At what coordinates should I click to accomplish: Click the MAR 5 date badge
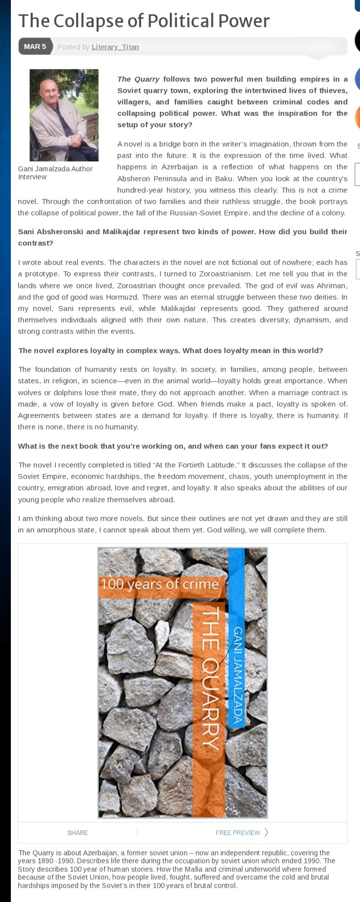(35, 47)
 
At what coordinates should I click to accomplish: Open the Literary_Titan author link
(115, 47)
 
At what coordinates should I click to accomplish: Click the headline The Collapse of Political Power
(144, 21)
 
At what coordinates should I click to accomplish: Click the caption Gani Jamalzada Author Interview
(55, 173)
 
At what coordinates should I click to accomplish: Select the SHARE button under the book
(77, 833)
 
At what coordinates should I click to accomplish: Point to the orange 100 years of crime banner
(159, 584)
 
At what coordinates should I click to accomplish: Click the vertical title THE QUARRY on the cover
(210, 679)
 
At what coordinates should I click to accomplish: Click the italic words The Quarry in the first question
(138, 79)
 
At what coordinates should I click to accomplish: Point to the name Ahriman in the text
(330, 286)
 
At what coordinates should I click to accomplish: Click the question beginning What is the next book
(173, 446)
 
